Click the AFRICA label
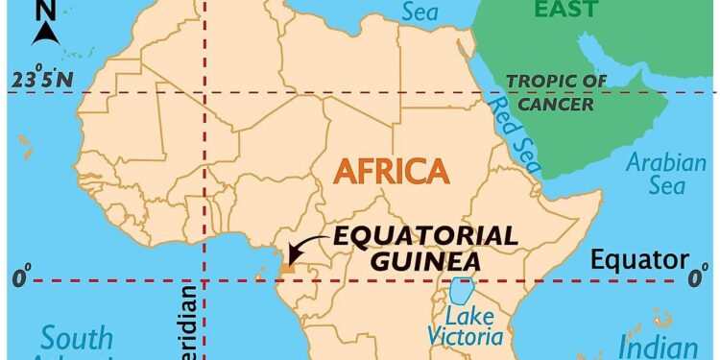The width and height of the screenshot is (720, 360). (391, 171)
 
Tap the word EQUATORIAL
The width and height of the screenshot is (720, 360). (425, 236)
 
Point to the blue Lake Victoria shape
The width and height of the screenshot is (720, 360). (463, 290)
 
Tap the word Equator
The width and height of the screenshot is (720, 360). (639, 259)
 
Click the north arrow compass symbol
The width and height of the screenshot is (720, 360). (43, 29)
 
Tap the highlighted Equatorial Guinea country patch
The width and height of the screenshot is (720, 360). (287, 270)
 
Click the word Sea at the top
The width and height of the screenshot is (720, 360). (420, 12)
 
